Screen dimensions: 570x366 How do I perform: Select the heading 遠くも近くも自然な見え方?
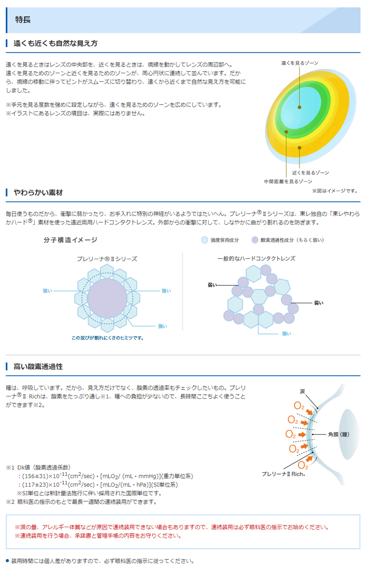pos(55,43)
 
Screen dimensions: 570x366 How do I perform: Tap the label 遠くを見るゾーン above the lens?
pos(299,63)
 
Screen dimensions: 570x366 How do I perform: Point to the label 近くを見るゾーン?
pos(310,172)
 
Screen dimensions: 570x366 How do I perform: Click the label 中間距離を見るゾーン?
pos(288,181)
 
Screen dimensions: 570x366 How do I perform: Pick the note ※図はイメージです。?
pos(335,190)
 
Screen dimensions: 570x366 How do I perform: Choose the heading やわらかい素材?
pos(38,192)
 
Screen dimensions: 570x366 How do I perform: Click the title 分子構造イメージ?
pos(70,240)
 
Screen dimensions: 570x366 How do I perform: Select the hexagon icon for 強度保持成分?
pos(204,240)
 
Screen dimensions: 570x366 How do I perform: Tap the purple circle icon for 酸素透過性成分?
pos(255,240)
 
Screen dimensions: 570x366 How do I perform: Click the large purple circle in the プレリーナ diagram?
pos(107,298)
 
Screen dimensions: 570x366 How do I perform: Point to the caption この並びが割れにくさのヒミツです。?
pos(107,338)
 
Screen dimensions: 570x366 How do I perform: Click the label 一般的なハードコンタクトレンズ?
pos(256,258)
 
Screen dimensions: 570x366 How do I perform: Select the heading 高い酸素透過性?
pos(38,366)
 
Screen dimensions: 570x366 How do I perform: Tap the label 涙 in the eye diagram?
pos(302,391)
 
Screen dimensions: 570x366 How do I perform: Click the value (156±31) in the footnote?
pos(38,476)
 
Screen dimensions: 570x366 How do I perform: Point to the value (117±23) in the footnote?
pos(38,484)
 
